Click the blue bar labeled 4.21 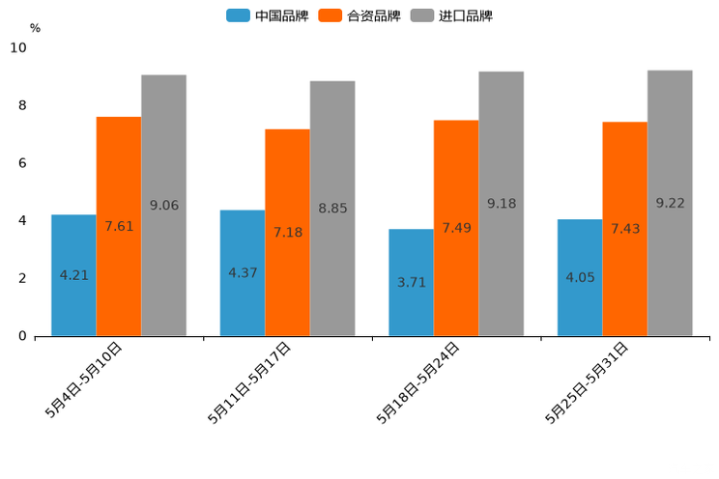pos(73,275)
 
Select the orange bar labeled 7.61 pos(119,226)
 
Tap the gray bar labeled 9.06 pos(163,205)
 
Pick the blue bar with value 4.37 pos(243,272)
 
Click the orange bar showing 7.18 pos(287,232)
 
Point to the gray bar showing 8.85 pos(332,208)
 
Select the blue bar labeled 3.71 pos(411,282)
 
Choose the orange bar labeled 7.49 pos(456,228)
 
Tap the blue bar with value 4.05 pos(580,277)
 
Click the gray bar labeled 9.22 pos(670,203)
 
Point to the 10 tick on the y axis pos(18,47)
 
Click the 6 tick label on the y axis pos(22,163)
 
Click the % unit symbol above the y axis pos(35,28)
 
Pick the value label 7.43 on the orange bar pos(625,228)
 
